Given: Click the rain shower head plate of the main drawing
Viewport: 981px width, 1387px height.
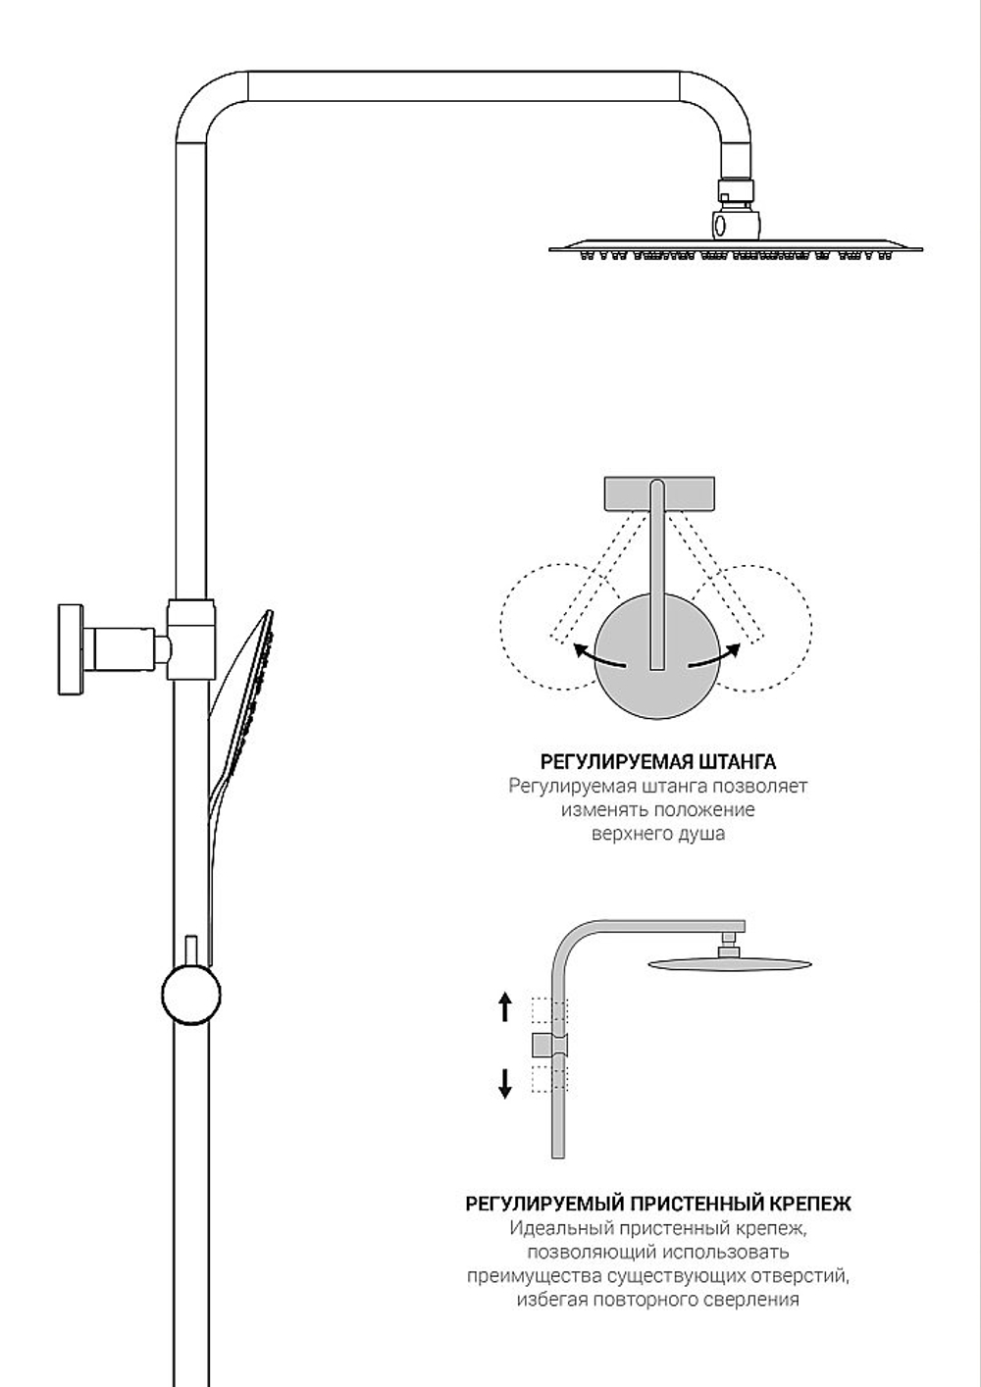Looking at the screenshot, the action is click(x=736, y=249).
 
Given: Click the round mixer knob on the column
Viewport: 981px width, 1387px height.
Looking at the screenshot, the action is click(x=191, y=995).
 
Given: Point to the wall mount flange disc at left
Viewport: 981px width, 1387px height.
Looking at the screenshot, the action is click(x=71, y=649).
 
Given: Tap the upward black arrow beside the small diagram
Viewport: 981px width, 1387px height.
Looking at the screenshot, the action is click(x=505, y=1006).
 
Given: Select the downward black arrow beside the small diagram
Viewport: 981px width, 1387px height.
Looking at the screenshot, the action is click(x=505, y=1084).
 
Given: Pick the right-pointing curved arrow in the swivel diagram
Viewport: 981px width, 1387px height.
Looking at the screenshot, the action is click(x=714, y=656).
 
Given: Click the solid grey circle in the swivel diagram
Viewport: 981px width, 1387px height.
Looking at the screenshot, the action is click(x=657, y=657).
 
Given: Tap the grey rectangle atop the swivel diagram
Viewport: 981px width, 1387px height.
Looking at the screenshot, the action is click(x=658, y=493).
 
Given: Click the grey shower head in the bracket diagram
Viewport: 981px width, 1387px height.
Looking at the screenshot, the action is click(x=729, y=964).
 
